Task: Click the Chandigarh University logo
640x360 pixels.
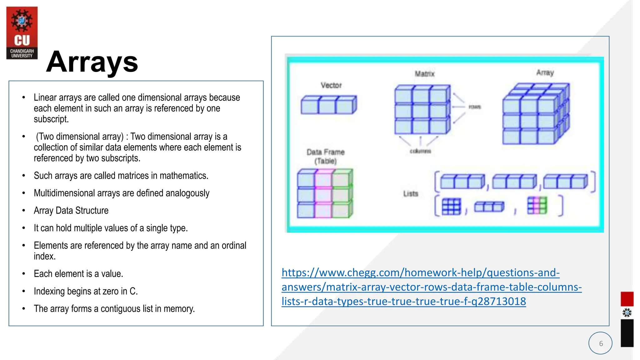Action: click(22, 33)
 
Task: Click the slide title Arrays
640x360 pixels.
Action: click(92, 62)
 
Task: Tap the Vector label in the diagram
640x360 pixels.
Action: click(331, 85)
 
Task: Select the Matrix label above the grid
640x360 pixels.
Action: click(424, 74)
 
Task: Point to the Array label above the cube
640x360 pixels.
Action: click(545, 72)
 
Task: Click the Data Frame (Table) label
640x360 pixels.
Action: click(326, 156)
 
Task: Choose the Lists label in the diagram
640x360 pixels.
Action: click(410, 194)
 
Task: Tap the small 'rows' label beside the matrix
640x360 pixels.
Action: click(475, 107)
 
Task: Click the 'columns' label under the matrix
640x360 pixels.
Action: click(420, 151)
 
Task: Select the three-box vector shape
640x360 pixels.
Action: click(328, 105)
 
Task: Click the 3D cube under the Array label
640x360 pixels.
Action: click(536, 114)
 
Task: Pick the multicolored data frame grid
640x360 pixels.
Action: click(325, 193)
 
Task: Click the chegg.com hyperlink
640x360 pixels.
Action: click(431, 287)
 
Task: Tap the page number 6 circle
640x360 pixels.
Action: click(600, 343)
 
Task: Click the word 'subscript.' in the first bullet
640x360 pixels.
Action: click(51, 119)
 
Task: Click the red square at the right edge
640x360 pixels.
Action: click(627, 299)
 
